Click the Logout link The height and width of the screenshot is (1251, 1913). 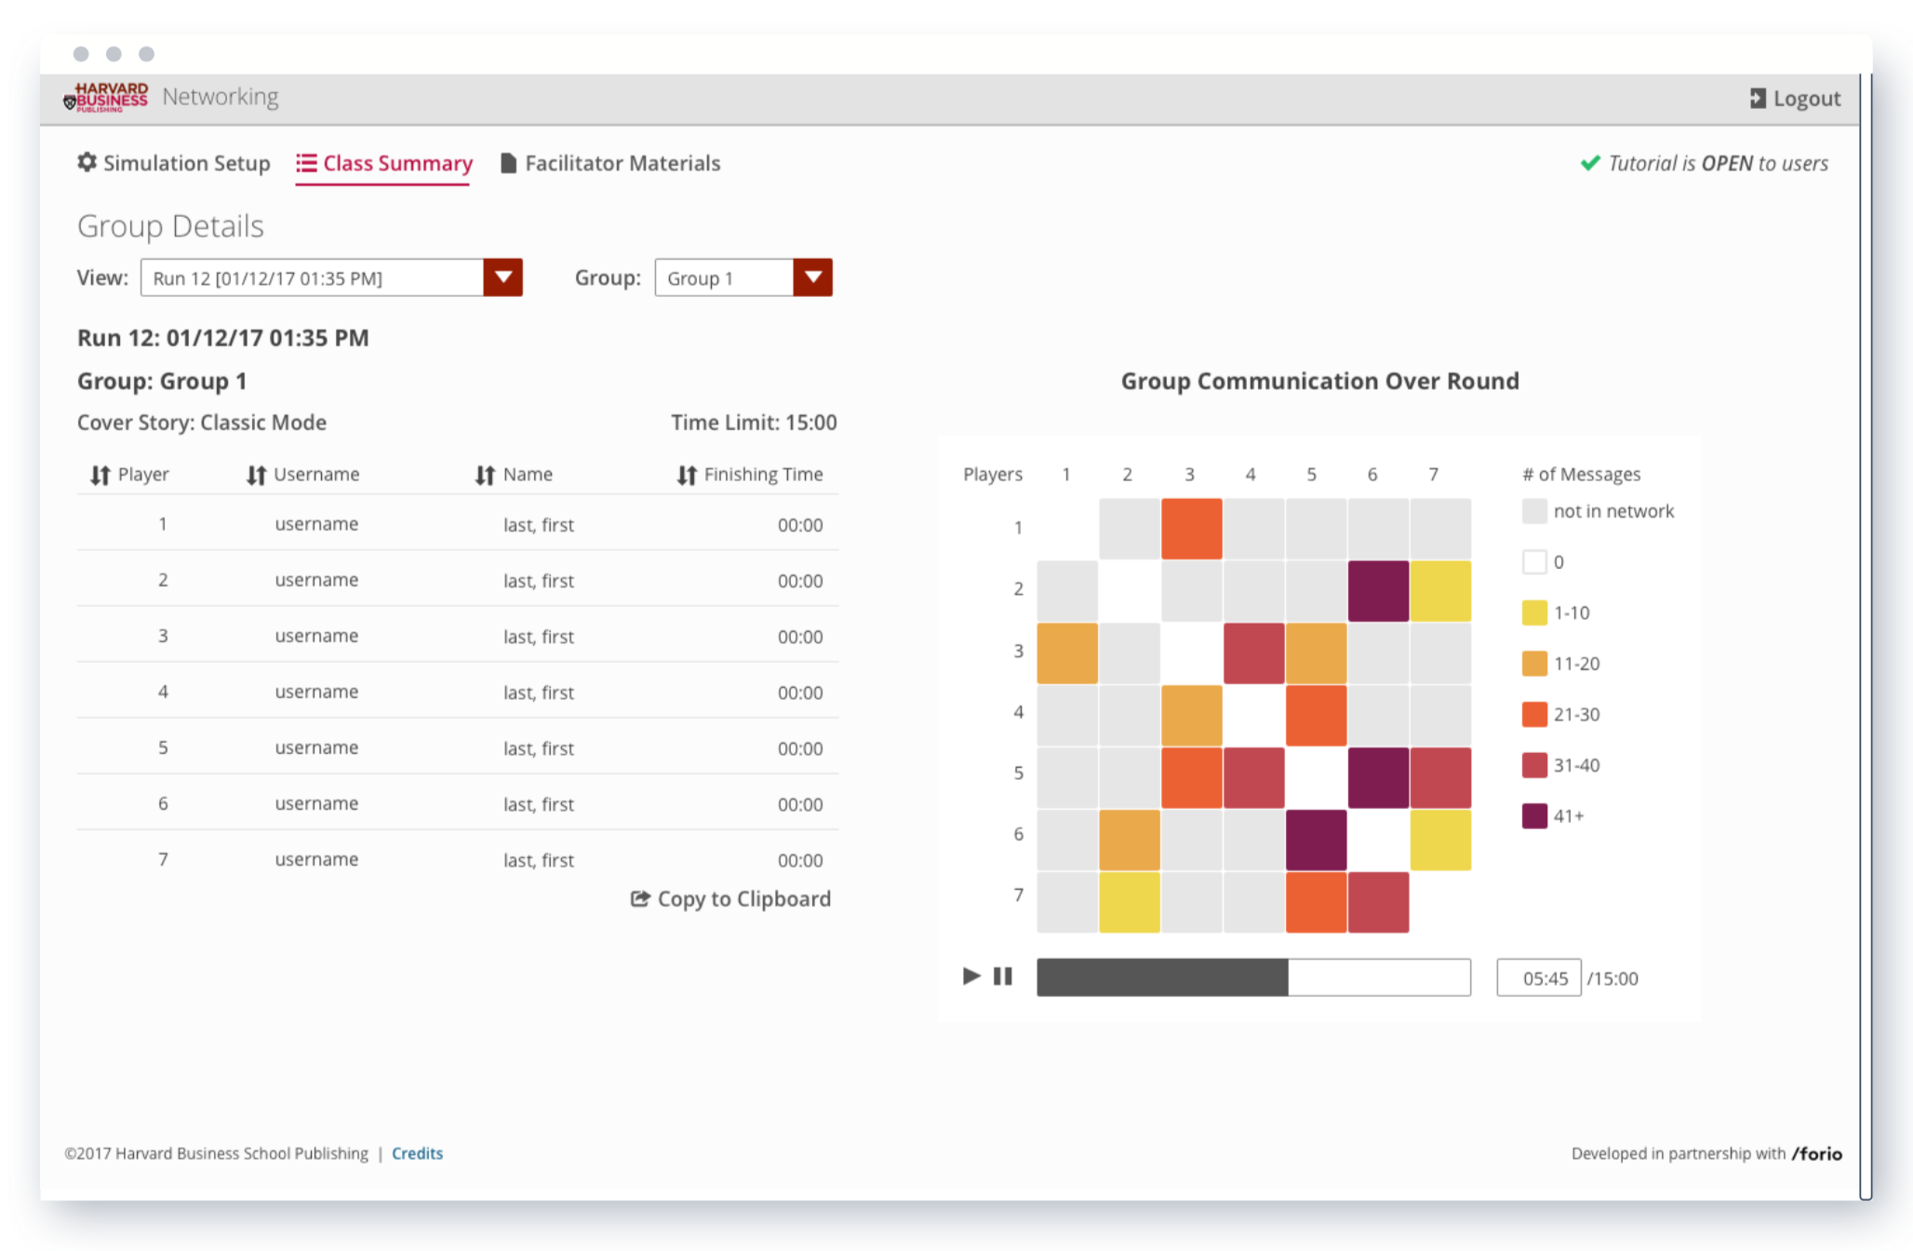click(1795, 99)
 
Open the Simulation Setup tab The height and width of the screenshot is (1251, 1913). click(174, 164)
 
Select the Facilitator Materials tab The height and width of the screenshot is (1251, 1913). click(610, 164)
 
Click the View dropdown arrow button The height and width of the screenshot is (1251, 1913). click(502, 277)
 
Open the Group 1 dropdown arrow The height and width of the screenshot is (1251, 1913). click(812, 277)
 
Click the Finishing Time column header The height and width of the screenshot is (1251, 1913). click(750, 475)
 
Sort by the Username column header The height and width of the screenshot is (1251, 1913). click(303, 475)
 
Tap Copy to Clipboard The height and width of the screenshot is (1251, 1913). click(731, 899)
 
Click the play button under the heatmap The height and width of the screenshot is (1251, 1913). click(970, 975)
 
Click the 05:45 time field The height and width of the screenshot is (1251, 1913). click(1538, 978)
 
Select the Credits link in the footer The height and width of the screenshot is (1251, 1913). click(417, 1153)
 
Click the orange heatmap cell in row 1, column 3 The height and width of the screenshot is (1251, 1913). click(1191, 529)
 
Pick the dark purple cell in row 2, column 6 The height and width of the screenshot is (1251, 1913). click(1378, 591)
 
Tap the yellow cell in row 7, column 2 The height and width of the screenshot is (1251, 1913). click(1130, 902)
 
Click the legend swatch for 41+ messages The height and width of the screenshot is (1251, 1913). click(1534, 816)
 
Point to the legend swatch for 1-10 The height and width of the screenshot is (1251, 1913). click(1534, 612)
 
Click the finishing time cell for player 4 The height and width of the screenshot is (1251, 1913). click(800, 693)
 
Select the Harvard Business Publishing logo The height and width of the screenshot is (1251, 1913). click(106, 97)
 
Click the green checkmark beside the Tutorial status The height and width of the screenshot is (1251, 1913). click(1590, 163)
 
